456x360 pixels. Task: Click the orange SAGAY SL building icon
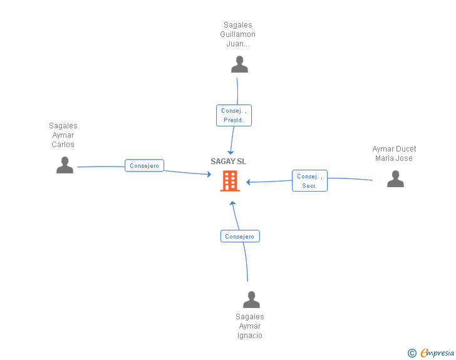coord(230,181)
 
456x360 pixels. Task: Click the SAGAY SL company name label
coord(229,162)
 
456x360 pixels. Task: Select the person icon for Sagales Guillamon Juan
coord(239,64)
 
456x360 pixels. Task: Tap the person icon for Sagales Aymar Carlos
coord(65,165)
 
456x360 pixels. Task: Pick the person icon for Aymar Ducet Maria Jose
coord(395,179)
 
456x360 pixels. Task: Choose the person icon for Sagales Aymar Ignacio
coord(251,300)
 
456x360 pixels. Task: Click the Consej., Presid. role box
coord(234,115)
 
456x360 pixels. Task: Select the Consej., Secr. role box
coord(309,181)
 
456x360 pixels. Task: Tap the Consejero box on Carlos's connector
coord(145,166)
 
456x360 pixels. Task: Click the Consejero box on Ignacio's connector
coord(240,236)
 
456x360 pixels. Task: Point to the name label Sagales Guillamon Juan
coord(239,34)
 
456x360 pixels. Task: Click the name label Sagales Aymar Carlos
coord(63,135)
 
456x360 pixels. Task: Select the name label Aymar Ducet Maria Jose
coord(394,153)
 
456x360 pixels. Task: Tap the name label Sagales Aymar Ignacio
coord(250,326)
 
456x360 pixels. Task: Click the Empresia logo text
coord(437,353)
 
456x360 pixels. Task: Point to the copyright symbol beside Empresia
coord(412,353)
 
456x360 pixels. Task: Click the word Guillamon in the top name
coord(239,34)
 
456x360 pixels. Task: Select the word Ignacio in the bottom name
coord(250,336)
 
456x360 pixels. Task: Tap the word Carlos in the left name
coord(63,145)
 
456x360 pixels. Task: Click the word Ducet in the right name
coord(405,149)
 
